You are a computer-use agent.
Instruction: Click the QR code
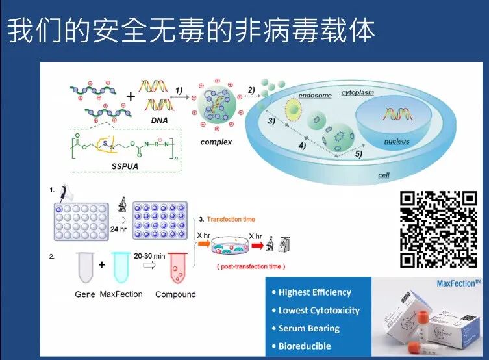click(x=438, y=229)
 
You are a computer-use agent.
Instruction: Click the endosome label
click(x=315, y=96)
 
